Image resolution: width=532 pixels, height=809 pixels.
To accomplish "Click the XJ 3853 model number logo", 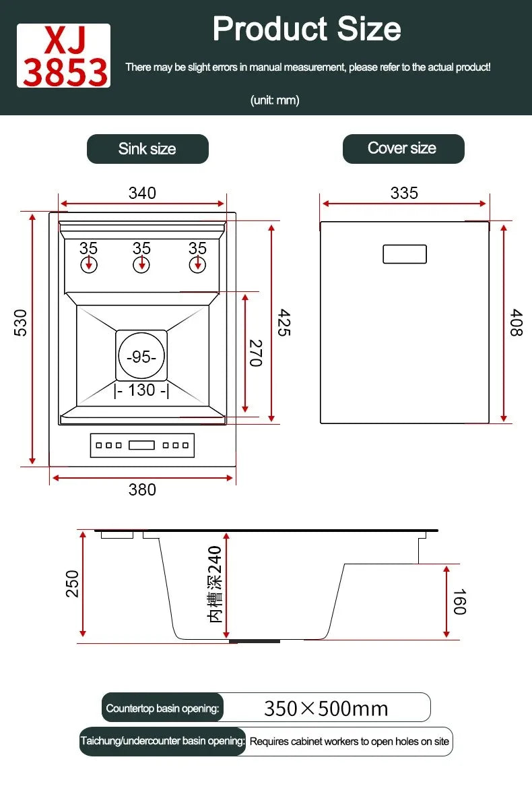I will coord(64,56).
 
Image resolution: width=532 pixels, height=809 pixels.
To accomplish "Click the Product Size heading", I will coord(306,28).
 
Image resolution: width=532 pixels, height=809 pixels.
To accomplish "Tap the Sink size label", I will coord(147,149).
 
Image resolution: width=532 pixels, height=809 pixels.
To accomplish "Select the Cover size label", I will coord(403,148).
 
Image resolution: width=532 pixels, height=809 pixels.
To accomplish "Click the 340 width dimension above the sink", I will coord(142,193).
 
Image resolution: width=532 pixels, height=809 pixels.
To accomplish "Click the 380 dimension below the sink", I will coord(142,489).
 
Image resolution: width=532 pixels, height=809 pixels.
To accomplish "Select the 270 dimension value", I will coord(255,353).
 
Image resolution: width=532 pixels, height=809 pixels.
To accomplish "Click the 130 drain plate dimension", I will coord(141,390).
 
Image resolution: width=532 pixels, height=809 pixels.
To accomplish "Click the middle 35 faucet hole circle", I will coord(141,264).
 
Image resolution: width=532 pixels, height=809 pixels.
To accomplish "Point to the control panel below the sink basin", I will coord(142,445).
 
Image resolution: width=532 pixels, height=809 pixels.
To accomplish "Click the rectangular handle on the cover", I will coord(405,254).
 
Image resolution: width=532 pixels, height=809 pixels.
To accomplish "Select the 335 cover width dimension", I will coord(404,193).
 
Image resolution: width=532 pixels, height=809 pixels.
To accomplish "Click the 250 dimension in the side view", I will coord(73,583).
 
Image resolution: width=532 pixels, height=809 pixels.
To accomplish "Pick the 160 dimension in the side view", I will coord(459,601).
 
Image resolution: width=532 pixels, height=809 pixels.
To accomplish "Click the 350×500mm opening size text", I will coord(326,709).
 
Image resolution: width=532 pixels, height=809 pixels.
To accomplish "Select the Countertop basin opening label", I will coord(162,709).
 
